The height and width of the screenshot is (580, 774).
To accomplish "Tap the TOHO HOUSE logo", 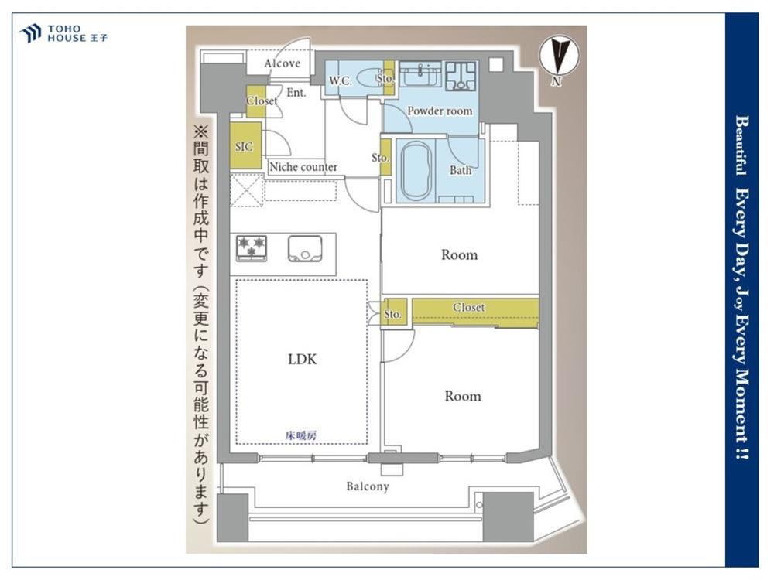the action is tap(63, 33).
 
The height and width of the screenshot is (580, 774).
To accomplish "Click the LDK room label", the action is tap(302, 360).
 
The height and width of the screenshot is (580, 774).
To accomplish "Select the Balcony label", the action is tap(368, 486).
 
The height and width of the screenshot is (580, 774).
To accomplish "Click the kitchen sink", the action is tap(305, 248).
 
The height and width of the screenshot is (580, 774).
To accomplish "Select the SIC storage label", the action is tap(244, 146).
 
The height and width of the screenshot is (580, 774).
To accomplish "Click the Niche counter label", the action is tap(303, 167).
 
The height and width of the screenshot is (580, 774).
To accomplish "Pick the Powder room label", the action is tap(440, 111).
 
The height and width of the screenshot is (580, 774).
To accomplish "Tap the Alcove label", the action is tap(282, 63).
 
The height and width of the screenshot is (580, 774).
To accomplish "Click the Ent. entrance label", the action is tap(296, 92).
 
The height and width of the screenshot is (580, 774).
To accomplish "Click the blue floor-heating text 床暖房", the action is tap(301, 435).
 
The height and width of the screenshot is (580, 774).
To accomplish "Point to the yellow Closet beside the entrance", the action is tap(256, 101).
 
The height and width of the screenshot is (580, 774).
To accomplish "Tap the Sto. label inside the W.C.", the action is tap(385, 78).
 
